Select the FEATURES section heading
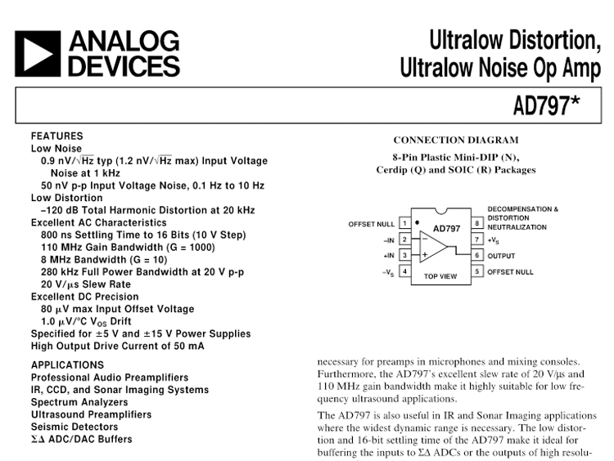click(x=56, y=136)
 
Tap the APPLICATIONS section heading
click(x=67, y=365)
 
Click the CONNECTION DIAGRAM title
click(x=456, y=141)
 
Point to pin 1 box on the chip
click(x=404, y=223)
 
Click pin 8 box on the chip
click(x=476, y=223)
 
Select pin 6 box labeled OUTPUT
click(x=476, y=255)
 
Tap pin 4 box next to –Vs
click(x=404, y=271)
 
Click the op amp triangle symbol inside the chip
click(x=434, y=247)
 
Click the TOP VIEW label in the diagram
click(x=440, y=276)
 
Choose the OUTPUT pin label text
click(x=502, y=255)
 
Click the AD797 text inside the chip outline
click(x=447, y=228)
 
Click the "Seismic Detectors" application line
click(x=74, y=427)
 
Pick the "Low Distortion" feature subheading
click(x=67, y=198)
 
